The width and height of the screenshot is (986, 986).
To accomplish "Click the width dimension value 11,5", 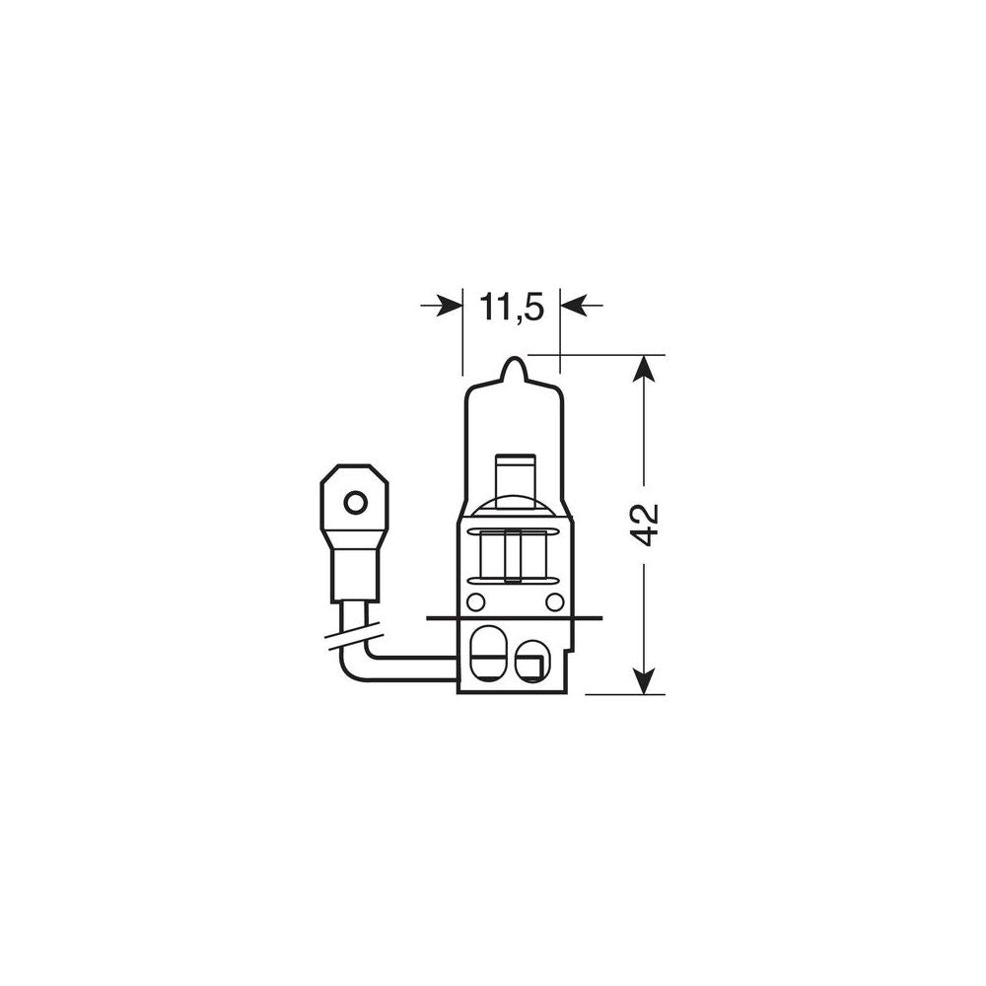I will [x=512, y=308].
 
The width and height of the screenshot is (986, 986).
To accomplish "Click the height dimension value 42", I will [x=645, y=524].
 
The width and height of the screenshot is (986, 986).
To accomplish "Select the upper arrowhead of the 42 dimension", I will [x=644, y=369].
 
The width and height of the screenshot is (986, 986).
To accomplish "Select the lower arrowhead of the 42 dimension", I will [x=644, y=680].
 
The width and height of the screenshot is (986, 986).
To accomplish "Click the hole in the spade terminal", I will [x=355, y=503].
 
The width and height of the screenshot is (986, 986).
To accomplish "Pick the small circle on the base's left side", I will [x=475, y=601].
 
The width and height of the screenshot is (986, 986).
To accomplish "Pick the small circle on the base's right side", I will [x=554, y=601].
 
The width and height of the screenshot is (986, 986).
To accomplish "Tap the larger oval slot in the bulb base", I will [x=486, y=654].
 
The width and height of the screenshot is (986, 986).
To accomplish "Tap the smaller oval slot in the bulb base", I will [x=531, y=660].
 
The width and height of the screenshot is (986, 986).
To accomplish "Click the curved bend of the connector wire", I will [x=355, y=670].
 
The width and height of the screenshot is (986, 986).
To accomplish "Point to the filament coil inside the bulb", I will [x=514, y=555].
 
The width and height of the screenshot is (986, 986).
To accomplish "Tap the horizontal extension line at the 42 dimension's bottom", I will [x=624, y=694].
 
